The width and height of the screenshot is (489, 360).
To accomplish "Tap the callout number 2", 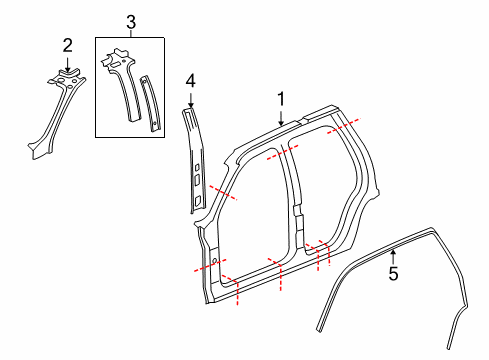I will (x=67, y=44).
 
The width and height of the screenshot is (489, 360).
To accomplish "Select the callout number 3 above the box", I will (x=129, y=21).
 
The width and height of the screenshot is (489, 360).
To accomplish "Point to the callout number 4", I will (x=191, y=80).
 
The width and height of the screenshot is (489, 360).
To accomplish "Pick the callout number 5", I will (x=393, y=272).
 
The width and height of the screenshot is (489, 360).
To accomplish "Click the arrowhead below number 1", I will (x=281, y=123).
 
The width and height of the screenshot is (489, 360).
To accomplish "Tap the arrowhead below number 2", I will (x=67, y=68).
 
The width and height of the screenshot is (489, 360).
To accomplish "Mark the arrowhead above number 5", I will (x=393, y=251).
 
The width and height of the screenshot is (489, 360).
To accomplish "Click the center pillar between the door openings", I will (x=293, y=200).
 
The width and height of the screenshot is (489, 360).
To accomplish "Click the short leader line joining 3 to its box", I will (x=129, y=32).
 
